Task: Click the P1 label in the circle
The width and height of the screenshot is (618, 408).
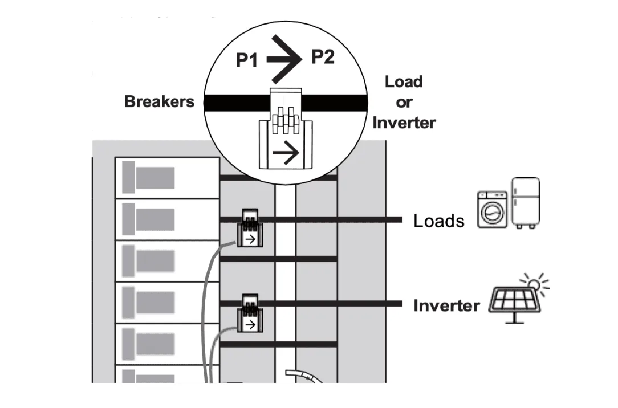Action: tap(247, 60)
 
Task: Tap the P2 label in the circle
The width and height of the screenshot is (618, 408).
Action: tap(322, 56)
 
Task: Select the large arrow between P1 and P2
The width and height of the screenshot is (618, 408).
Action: tap(285, 58)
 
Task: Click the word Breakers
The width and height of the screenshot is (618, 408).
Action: tap(159, 102)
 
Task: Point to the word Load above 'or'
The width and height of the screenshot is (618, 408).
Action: tap(404, 81)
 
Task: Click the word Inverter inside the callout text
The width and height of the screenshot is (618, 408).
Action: tap(404, 122)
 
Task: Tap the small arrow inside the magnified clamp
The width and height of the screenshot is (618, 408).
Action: tap(286, 153)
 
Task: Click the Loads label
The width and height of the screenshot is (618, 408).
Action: tap(438, 221)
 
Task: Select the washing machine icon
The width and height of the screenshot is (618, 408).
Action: tap(492, 211)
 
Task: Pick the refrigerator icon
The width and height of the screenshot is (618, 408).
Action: tap(525, 203)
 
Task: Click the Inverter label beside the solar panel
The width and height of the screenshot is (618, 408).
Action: tap(446, 306)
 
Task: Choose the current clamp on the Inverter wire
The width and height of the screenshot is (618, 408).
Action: tap(250, 313)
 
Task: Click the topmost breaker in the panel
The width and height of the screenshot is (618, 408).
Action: tap(167, 178)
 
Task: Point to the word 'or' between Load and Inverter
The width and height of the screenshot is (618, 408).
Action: tap(404, 102)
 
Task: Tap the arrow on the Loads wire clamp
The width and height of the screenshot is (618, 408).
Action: tap(250, 240)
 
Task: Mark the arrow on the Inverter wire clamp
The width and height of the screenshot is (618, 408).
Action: tap(249, 325)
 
